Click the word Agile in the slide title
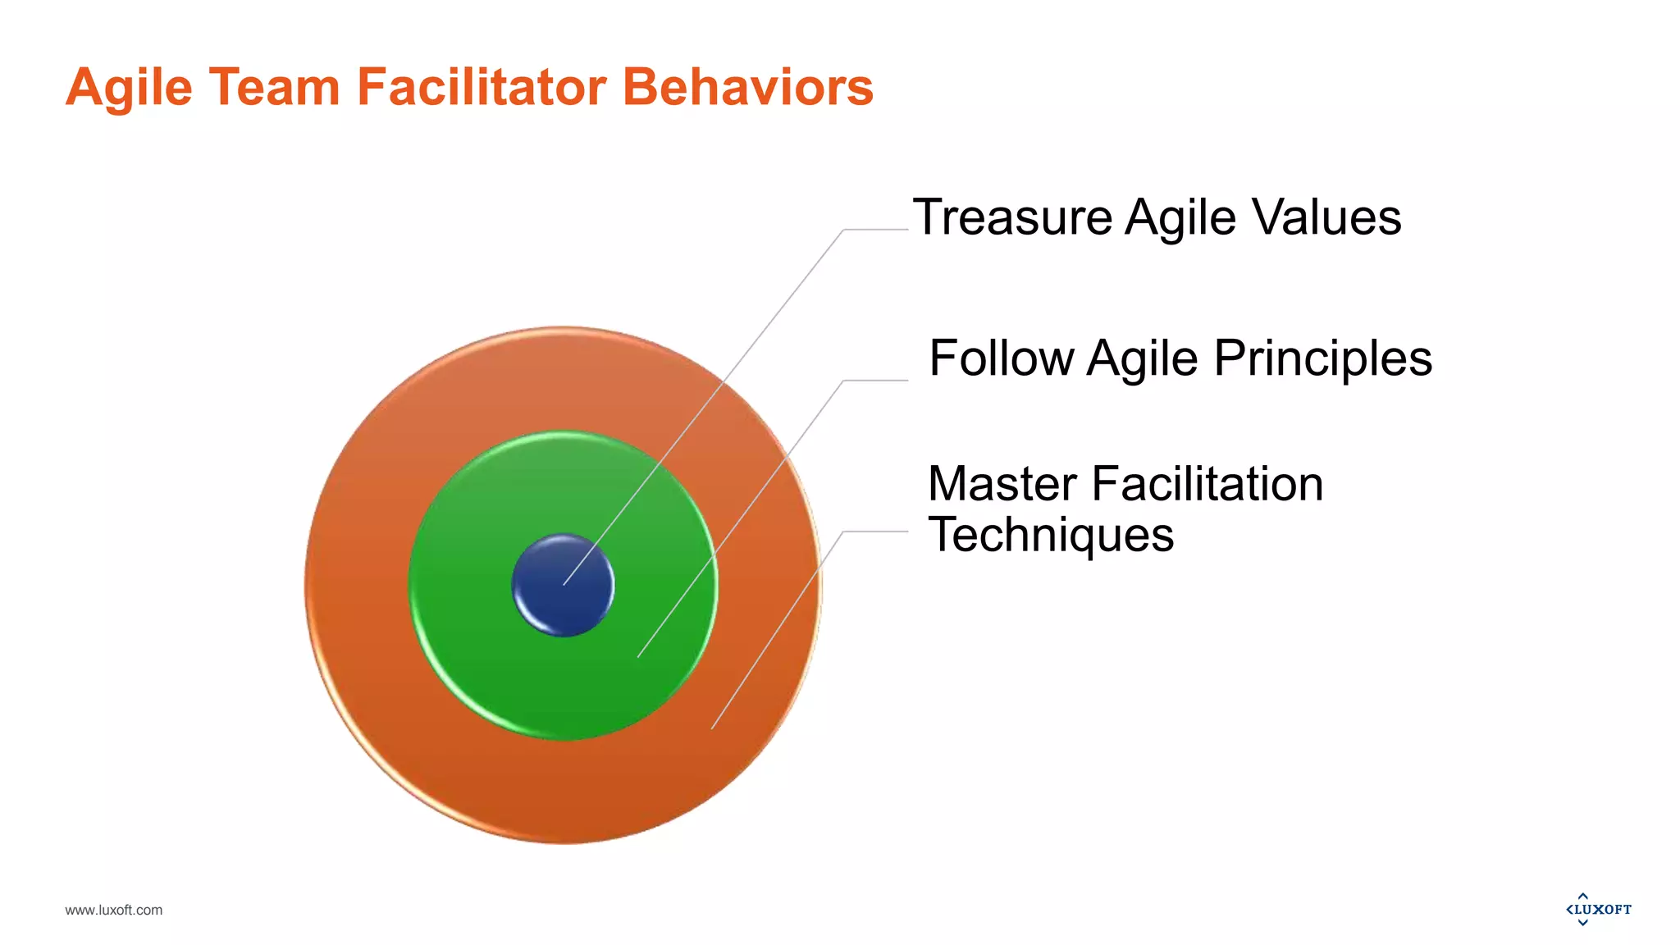(x=129, y=87)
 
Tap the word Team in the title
(x=274, y=87)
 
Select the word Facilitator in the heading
(x=482, y=87)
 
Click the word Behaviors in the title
(x=748, y=87)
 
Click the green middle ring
(x=492, y=656)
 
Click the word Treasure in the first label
(x=1011, y=217)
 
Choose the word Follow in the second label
(x=1001, y=358)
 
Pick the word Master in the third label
(x=1002, y=484)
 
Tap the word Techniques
(x=1051, y=535)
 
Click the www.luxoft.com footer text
(x=114, y=910)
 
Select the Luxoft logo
(x=1598, y=909)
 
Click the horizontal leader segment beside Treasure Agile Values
(x=876, y=230)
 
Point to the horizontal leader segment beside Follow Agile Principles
(x=876, y=381)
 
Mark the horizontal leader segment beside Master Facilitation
(x=876, y=532)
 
